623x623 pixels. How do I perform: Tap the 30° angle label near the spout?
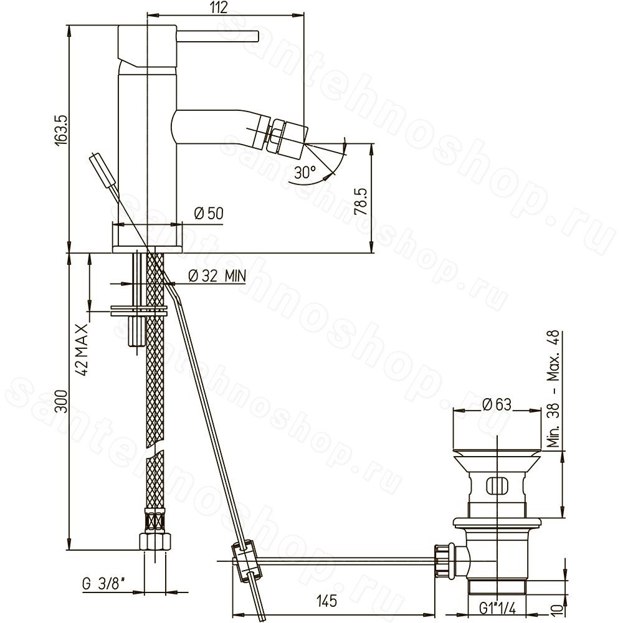click(x=305, y=172)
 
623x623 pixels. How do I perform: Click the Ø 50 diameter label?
click(x=209, y=213)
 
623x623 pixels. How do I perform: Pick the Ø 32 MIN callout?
click(x=217, y=275)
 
